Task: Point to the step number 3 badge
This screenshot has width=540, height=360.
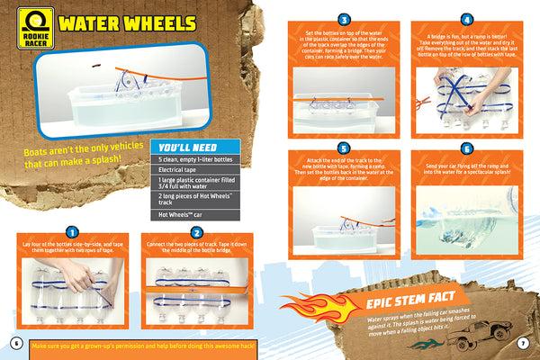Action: (x=343, y=19)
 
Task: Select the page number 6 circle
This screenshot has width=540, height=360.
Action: (x=14, y=343)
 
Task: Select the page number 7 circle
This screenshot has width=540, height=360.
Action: (x=525, y=343)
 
